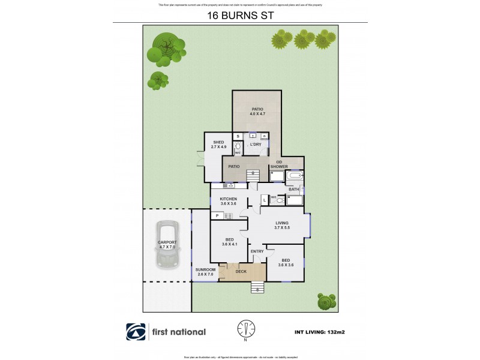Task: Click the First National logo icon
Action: (135, 332)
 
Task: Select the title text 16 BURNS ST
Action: (239, 17)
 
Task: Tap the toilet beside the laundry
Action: (238, 147)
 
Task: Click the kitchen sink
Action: (230, 187)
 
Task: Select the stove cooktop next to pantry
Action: (228, 215)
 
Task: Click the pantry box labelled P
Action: (215, 215)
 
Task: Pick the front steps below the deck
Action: (257, 287)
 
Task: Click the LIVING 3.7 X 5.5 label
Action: (281, 226)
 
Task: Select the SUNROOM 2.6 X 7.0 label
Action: (205, 272)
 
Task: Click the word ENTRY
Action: (257, 251)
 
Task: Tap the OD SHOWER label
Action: (282, 164)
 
